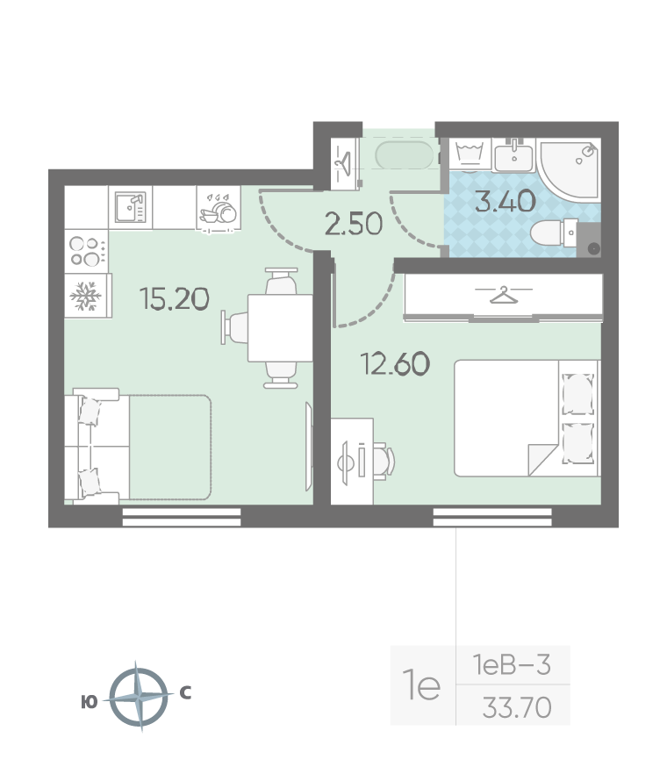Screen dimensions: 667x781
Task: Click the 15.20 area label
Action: (175, 299)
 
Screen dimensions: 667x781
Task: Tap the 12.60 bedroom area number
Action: (395, 363)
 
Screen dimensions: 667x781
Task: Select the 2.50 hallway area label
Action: (354, 224)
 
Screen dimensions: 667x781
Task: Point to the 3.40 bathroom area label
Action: (506, 201)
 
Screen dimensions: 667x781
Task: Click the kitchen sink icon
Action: (131, 207)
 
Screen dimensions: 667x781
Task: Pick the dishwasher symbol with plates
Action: (219, 209)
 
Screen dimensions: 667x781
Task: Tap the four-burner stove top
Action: (87, 252)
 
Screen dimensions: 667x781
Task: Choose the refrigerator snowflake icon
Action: (86, 296)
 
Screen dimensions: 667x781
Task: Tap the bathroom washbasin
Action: (514, 155)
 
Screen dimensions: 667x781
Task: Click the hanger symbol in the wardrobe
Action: (504, 295)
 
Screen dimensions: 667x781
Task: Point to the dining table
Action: (280, 328)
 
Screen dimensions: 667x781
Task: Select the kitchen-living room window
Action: (182, 517)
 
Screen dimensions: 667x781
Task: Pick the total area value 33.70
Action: (517, 707)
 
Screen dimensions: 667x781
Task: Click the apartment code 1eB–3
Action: (512, 664)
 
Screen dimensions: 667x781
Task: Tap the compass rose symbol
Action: (139, 696)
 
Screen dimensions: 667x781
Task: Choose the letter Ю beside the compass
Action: (89, 702)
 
